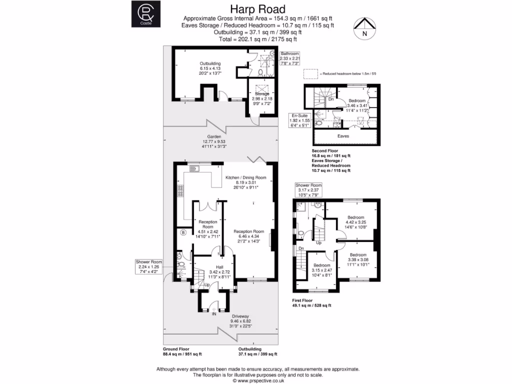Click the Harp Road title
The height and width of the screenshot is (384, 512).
[257, 9]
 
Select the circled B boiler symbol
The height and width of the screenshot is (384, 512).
[183, 232]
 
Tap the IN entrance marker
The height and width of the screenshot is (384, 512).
[214, 314]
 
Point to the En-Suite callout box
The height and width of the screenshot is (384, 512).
[300, 120]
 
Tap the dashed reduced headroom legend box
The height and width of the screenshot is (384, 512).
[311, 73]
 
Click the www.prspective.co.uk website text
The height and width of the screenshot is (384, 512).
[257, 380]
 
